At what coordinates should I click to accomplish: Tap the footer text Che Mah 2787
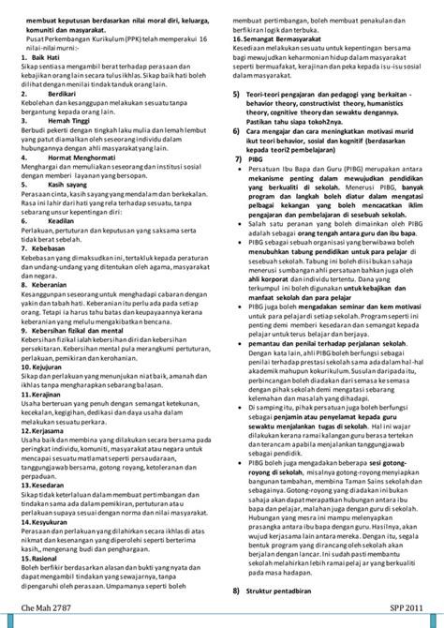pyautogui.click(x=45, y=609)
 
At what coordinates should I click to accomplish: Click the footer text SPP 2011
pyautogui.click(x=409, y=609)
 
